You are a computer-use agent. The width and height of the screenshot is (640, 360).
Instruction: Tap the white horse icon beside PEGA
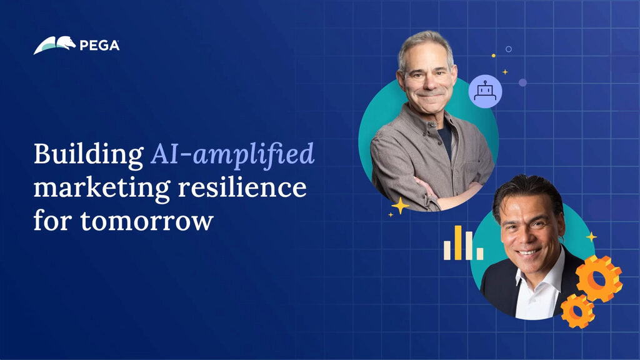pos(54,45)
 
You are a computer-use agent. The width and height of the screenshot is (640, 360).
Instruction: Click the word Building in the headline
pos(88,155)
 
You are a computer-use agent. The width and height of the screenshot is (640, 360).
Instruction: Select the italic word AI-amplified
pos(232,155)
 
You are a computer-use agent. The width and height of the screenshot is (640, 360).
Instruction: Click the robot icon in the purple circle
pos(485,91)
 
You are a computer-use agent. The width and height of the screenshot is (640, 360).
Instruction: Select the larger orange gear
pos(599,278)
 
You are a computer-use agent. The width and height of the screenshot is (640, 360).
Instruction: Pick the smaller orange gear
pos(577,310)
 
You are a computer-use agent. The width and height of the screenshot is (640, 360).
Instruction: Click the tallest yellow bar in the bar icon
pos(458,242)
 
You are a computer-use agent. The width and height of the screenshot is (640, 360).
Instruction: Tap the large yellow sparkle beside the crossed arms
pos(400,205)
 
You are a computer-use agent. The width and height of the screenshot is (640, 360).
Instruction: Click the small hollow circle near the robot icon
pos(509,49)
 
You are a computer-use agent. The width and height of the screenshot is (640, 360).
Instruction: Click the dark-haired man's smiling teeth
pos(528,252)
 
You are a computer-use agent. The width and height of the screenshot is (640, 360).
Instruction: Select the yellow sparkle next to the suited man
pos(591,237)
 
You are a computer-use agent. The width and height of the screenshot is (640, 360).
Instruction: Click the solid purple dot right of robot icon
pos(522,82)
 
